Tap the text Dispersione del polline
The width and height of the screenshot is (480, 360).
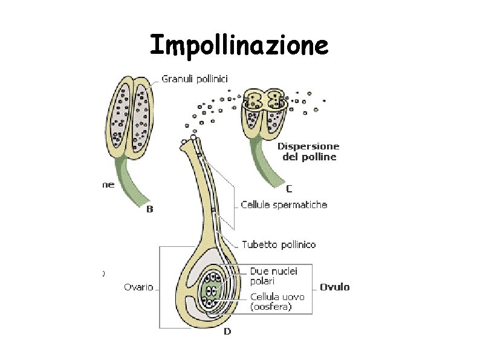pos(308,151)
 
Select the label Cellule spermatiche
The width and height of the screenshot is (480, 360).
pos(284,205)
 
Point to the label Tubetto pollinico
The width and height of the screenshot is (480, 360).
pos(279,244)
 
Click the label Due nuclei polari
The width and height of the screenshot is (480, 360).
pos(274,277)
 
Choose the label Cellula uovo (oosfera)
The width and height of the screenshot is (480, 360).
pos(277,301)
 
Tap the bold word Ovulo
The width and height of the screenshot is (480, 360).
pos(334,287)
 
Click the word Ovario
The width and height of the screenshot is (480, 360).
pos(138,287)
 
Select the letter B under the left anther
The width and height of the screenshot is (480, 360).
pos(150,210)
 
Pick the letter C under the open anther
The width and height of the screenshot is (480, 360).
pos(289,188)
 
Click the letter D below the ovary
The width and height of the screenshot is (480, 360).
pos(227,332)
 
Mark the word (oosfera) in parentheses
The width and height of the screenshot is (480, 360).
pos(271,307)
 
